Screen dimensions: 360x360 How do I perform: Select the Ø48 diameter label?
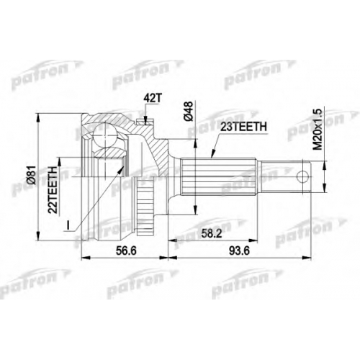click(189, 111)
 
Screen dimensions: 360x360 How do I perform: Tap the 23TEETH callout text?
click(243, 127)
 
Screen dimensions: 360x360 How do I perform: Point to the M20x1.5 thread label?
click(318, 130)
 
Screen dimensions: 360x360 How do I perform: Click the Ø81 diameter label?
click(32, 175)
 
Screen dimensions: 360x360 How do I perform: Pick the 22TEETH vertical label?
click(53, 189)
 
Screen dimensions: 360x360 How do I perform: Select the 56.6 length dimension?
click(126, 251)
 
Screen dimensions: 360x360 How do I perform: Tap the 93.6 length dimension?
click(239, 251)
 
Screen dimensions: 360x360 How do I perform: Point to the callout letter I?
click(68, 225)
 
